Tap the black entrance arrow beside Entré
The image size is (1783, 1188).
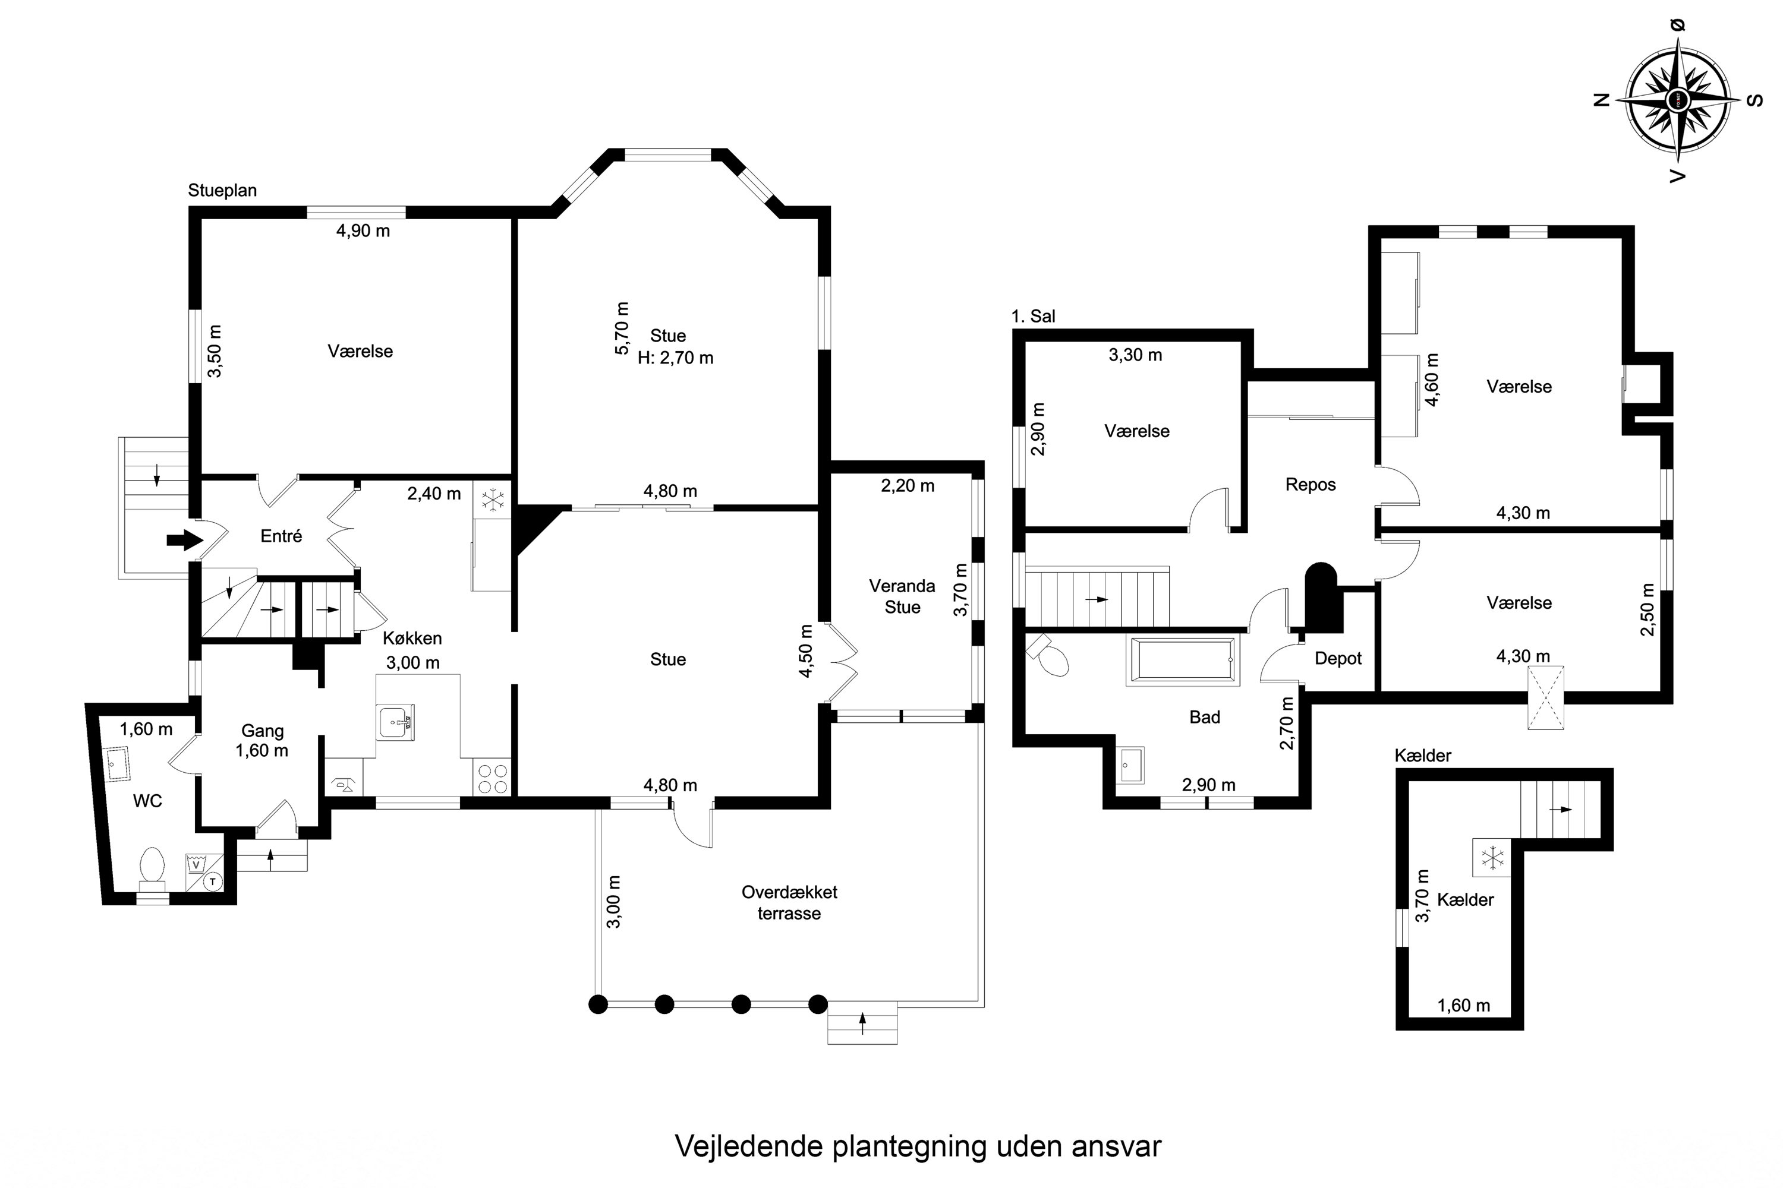[185, 540]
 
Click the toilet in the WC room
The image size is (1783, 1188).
[152, 865]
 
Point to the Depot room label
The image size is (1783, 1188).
[1338, 658]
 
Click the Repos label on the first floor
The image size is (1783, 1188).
[1311, 485]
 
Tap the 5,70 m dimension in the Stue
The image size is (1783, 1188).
[622, 328]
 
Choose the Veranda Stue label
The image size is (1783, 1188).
[902, 596]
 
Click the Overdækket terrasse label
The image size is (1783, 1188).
[789, 902]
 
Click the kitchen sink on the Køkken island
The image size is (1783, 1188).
[396, 723]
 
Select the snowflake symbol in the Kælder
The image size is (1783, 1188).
[1492, 858]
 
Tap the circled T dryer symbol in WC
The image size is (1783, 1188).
[213, 881]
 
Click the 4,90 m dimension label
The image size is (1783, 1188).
[363, 230]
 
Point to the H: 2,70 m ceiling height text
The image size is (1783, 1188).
[675, 358]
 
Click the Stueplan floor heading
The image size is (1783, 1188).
[222, 190]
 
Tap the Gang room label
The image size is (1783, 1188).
[262, 731]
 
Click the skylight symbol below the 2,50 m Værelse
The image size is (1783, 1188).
[1546, 698]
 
